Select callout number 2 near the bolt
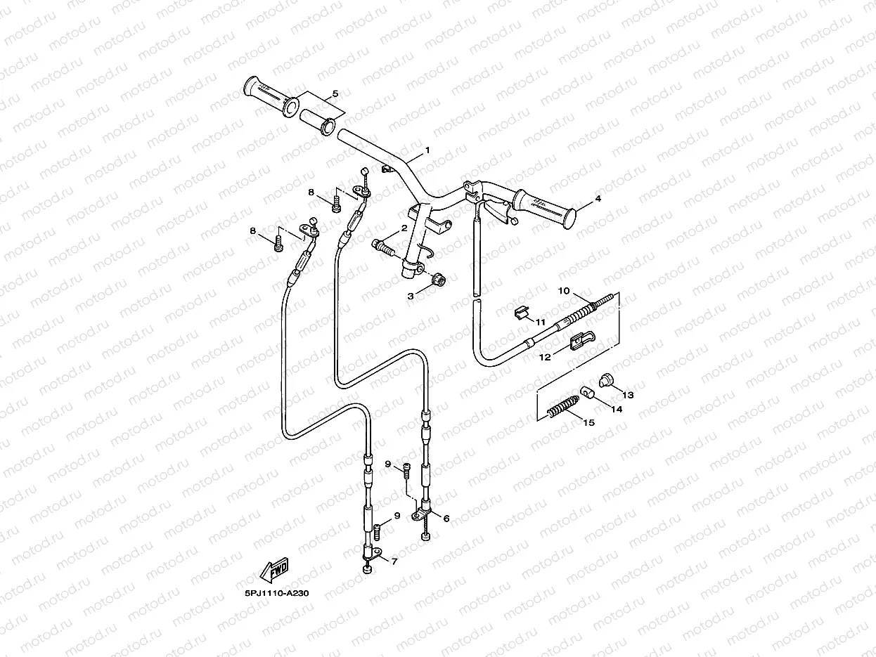click(x=404, y=228)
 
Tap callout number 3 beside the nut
click(x=411, y=297)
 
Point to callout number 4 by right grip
click(x=598, y=199)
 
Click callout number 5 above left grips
click(x=335, y=93)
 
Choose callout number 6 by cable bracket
click(x=446, y=518)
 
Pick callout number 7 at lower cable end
click(x=394, y=561)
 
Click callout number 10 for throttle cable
click(x=563, y=290)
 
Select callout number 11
click(x=541, y=321)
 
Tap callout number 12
click(x=544, y=357)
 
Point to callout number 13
click(x=628, y=395)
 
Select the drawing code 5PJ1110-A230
click(x=277, y=593)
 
